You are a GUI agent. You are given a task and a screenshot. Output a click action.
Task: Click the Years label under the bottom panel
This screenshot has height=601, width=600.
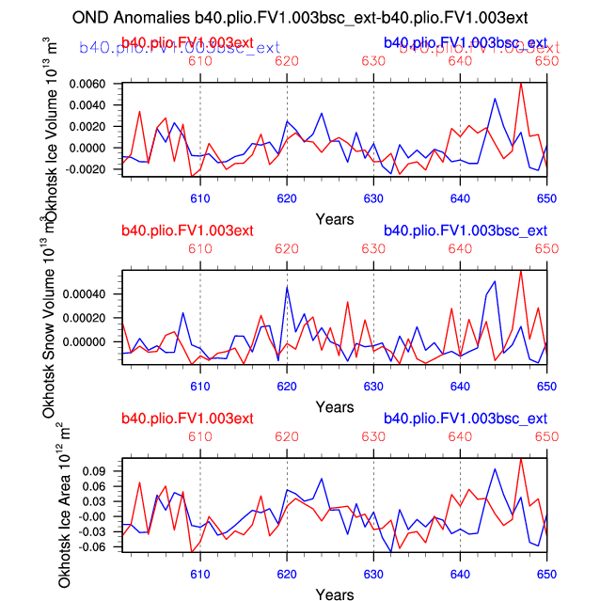tap(335, 595)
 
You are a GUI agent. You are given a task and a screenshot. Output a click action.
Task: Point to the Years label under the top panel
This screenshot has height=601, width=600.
tap(335, 219)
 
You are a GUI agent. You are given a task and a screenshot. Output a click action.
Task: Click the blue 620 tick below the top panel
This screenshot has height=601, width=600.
tap(287, 198)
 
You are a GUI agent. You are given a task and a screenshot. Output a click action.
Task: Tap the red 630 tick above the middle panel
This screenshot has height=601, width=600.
tap(373, 249)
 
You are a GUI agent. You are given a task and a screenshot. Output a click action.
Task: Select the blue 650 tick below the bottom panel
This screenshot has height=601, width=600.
tap(546, 574)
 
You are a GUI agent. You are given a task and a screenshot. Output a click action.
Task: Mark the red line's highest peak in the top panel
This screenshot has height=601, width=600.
tap(521, 83)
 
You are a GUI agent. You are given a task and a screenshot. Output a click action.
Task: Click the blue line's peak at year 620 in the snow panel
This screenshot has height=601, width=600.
tap(287, 287)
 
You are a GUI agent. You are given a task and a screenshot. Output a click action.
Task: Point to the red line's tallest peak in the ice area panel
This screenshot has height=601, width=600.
tap(521, 458)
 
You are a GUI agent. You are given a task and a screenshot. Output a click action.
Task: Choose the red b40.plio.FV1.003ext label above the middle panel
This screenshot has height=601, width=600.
tap(187, 230)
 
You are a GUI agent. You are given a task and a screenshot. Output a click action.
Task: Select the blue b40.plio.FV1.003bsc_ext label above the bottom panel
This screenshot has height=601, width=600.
tap(466, 419)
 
